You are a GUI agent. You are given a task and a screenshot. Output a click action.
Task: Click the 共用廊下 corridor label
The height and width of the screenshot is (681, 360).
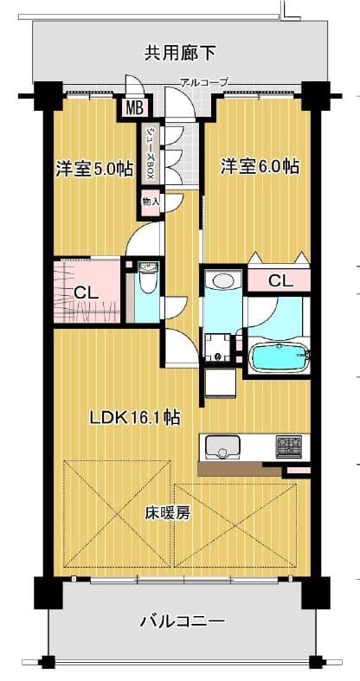tap(179, 53)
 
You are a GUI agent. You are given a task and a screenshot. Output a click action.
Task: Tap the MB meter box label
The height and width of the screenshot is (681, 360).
tap(134, 108)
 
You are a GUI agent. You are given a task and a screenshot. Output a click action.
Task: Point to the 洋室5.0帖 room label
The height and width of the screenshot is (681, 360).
tap(94, 169)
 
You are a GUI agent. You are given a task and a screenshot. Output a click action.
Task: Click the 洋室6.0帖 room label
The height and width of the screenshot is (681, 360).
tap(260, 166)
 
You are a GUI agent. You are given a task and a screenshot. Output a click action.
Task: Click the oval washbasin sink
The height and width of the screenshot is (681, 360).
tap(222, 279)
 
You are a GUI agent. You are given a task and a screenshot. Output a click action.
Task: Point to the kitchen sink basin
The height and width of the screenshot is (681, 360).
tap(222, 447)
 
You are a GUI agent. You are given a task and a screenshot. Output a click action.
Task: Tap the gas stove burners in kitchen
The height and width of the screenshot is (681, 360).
tap(289, 447)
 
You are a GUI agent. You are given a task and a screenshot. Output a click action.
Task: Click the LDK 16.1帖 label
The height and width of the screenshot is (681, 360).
tap(135, 418)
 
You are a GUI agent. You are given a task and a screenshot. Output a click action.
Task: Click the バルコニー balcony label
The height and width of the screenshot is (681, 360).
tap(183, 621)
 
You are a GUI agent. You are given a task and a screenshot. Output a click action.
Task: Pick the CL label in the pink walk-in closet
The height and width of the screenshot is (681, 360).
tap(85, 293)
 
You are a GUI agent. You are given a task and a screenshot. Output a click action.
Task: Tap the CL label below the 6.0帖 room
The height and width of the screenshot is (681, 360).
tap(280, 281)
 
